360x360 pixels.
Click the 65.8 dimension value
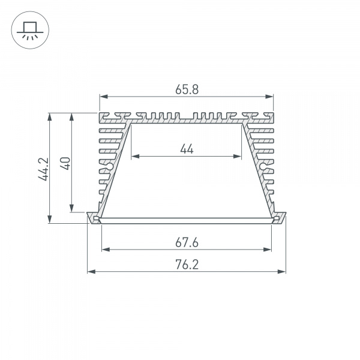point(187,89)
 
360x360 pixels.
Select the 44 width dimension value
point(187,149)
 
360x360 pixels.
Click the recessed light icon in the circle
point(28,29)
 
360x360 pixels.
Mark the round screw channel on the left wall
point(110,166)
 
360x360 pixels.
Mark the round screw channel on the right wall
point(263,166)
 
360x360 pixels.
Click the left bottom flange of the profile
point(94,218)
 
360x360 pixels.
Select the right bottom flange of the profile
point(279,218)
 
